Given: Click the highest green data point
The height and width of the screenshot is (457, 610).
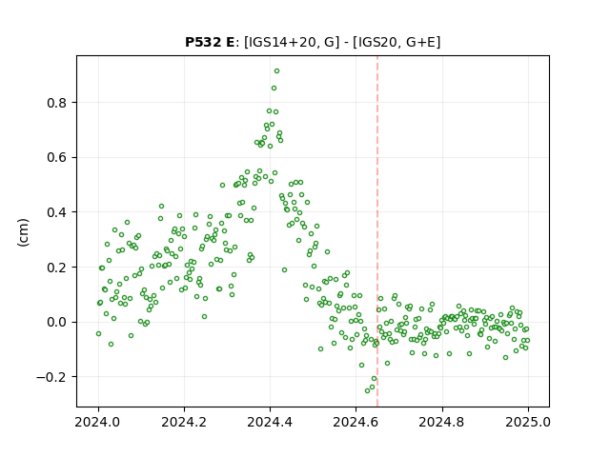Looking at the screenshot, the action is (276, 71).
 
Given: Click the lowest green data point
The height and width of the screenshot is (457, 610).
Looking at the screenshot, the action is (367, 390).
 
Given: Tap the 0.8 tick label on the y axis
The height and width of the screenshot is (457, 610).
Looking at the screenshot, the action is (56, 103).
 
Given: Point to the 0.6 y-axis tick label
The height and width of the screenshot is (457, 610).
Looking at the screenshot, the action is (56, 158).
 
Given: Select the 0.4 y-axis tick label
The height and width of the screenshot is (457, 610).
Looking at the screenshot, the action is (56, 212).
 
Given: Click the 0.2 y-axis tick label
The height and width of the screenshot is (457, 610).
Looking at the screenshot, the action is (56, 268).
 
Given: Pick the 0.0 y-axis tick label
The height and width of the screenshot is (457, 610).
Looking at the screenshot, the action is (56, 323).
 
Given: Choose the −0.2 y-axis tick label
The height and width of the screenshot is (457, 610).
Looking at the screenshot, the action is (51, 377).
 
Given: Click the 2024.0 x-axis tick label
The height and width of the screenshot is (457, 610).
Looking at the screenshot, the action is (98, 422).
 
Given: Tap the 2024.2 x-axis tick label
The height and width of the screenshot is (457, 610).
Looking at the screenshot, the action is (184, 422).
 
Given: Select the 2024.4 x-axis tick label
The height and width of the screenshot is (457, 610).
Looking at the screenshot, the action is (270, 422).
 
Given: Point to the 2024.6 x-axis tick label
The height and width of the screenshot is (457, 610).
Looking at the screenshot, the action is (356, 422).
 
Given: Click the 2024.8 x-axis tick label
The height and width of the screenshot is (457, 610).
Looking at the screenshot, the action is (441, 422).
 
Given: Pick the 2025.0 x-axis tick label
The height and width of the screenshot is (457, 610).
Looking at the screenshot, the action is (528, 422).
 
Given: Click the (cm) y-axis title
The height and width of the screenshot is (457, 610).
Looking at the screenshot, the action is (23, 232).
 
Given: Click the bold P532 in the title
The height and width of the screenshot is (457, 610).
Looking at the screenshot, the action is (203, 42).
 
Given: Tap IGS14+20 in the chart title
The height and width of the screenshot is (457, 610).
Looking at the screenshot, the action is (279, 42).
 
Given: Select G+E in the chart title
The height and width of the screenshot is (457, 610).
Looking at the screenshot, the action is (420, 42).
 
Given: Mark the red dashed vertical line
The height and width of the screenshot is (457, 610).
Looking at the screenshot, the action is (377, 231).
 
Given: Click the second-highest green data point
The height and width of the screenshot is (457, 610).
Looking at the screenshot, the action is (274, 89).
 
